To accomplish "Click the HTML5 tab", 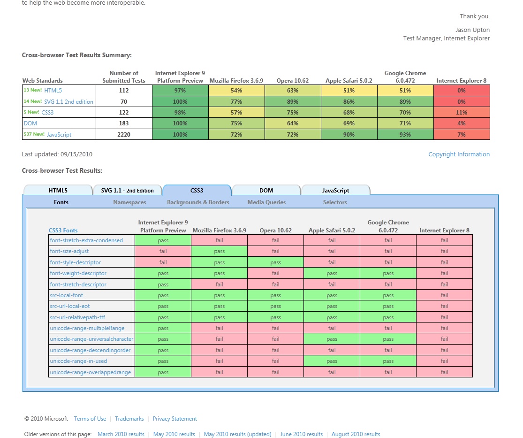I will pos(58,191).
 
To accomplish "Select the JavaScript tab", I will pos(335,191).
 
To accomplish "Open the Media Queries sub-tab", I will pos(266,202).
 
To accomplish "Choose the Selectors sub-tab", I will pos(335,202).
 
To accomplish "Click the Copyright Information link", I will pos(459,154).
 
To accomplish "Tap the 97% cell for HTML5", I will pos(180,91).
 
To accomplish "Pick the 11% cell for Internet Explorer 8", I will pos(462,113).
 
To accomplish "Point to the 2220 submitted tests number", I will pos(124,135).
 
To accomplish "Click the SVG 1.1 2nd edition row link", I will pos(68,102).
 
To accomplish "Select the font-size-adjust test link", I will pos(69,251).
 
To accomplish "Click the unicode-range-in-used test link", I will pos(78,361).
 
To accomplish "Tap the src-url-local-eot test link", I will pos(69,306).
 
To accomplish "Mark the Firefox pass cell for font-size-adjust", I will pos(219,251).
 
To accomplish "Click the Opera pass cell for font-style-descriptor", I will pos(275,262).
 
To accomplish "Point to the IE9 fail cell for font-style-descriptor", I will pos(163,262).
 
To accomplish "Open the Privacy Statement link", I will pos(174,419).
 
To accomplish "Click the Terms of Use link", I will pos(90,419).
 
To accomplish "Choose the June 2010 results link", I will pos(301,434).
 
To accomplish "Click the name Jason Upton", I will pos(472,30).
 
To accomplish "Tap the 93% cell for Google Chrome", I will pos(405,135).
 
